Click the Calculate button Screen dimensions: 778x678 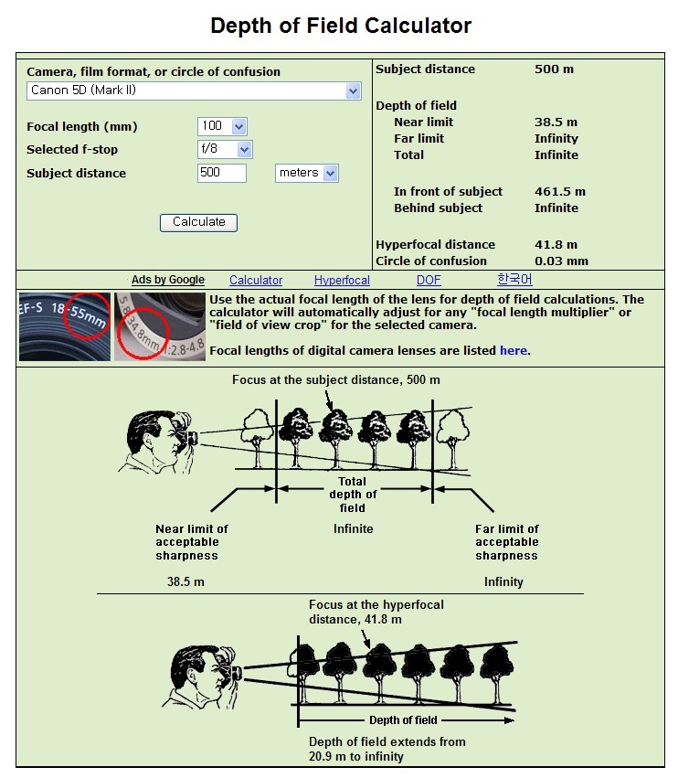click(x=198, y=222)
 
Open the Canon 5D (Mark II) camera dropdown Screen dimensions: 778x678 click(x=194, y=91)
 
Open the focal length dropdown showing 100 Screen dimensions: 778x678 click(x=222, y=126)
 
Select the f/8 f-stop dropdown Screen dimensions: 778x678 click(x=225, y=149)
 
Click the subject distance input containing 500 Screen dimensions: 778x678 click(x=222, y=173)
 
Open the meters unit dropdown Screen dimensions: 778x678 click(x=306, y=173)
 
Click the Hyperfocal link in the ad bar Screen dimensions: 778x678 click(x=342, y=281)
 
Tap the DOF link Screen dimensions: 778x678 click(x=429, y=281)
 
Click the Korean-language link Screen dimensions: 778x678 click(x=514, y=280)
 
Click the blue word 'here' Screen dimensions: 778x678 click(x=514, y=350)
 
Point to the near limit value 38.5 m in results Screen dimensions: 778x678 click(x=557, y=122)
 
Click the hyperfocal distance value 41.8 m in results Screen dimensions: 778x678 click(x=556, y=244)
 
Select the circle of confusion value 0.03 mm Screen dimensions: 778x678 click(x=561, y=261)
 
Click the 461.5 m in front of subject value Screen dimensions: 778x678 click(x=560, y=191)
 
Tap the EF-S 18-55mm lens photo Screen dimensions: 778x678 click(x=65, y=326)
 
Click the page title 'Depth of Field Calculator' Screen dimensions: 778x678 click(x=341, y=26)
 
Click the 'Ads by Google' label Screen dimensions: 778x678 click(x=168, y=281)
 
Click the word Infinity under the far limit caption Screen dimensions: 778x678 click(x=503, y=581)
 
